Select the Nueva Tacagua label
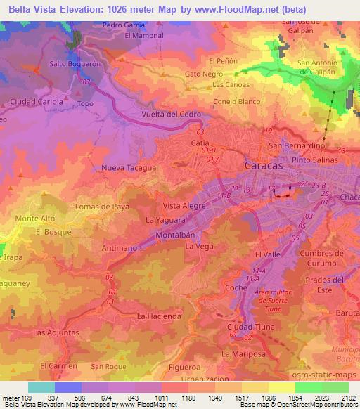point(129,168)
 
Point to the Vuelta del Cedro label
point(172,114)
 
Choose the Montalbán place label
point(174,234)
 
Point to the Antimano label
point(119,248)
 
